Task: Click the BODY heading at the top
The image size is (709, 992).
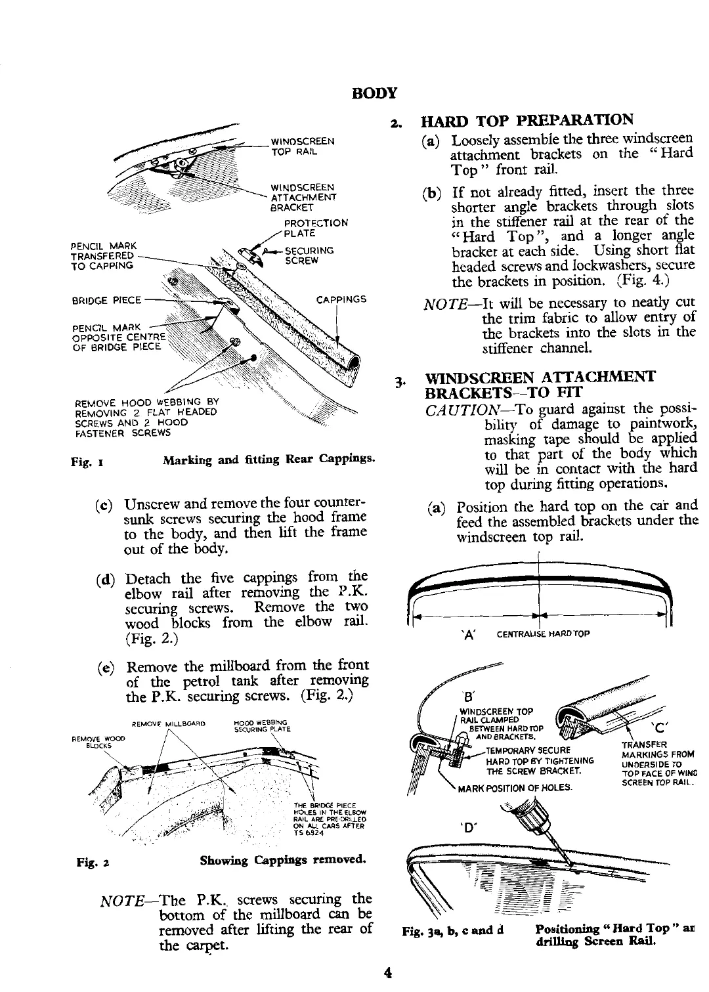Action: pos(375,93)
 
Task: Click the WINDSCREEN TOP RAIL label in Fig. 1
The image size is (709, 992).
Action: pos(303,146)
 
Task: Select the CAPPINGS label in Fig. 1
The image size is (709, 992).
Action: pos(341,300)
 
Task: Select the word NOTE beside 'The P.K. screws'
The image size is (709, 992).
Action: pos(119,899)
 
